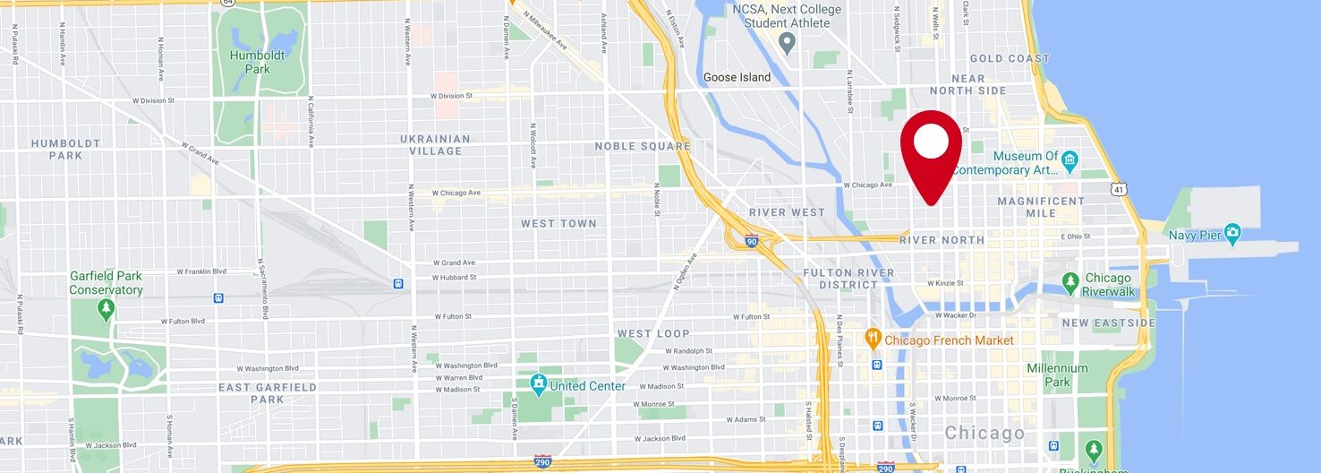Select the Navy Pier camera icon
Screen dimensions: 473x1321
point(1233,235)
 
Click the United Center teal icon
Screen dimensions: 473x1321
point(539,386)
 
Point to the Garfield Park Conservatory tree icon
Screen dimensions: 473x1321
point(107,310)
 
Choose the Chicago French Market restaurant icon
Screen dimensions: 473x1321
point(874,340)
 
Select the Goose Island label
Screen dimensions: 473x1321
point(737,77)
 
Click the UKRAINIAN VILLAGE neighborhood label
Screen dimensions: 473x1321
point(435,145)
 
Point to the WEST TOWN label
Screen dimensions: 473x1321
point(558,223)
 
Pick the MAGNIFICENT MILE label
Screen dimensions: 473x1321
point(1040,207)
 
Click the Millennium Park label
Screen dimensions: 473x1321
point(1057,374)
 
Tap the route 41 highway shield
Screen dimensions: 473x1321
point(1118,189)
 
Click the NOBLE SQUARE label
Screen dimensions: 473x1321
point(643,146)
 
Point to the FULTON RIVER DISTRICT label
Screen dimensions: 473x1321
point(848,279)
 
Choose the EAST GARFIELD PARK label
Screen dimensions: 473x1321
point(268,393)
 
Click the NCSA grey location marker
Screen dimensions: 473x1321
point(788,41)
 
